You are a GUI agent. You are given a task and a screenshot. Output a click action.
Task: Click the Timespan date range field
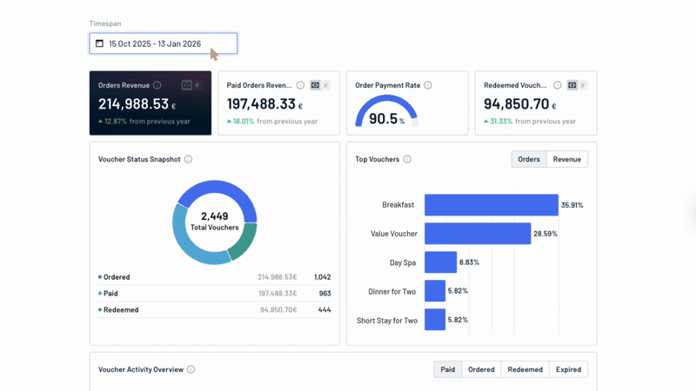[163, 43]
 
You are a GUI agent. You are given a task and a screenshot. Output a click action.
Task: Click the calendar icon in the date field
[99, 43]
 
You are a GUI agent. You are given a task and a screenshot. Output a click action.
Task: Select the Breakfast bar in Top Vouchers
[491, 205]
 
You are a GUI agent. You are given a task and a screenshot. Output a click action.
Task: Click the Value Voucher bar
[477, 234]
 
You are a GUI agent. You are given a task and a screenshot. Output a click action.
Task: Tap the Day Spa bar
[440, 262]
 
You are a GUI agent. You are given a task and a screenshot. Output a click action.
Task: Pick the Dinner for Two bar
[435, 291]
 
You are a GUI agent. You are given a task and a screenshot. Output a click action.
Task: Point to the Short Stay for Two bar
[435, 320]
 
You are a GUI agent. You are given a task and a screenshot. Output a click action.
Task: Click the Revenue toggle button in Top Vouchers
[566, 159]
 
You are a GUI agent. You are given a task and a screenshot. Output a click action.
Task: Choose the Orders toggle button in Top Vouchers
[529, 159]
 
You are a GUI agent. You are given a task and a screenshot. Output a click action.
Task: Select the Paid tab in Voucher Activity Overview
[447, 369]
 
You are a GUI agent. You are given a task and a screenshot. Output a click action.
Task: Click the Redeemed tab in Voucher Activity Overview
[525, 369]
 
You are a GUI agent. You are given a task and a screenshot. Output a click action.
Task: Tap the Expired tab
[568, 369]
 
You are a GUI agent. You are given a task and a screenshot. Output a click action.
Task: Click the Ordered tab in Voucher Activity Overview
[481, 369]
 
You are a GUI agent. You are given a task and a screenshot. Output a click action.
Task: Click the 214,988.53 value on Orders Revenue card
[133, 104]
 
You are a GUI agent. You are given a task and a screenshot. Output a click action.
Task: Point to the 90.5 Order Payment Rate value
[383, 119]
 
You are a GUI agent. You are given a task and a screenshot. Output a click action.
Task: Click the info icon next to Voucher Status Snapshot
[188, 159]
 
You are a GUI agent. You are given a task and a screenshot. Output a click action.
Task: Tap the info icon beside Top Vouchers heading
[407, 159]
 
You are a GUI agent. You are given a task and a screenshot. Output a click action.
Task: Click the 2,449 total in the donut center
[214, 216]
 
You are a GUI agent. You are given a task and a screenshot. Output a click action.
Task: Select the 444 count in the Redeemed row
[324, 309]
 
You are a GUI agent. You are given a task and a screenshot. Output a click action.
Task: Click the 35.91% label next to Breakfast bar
[572, 205]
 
